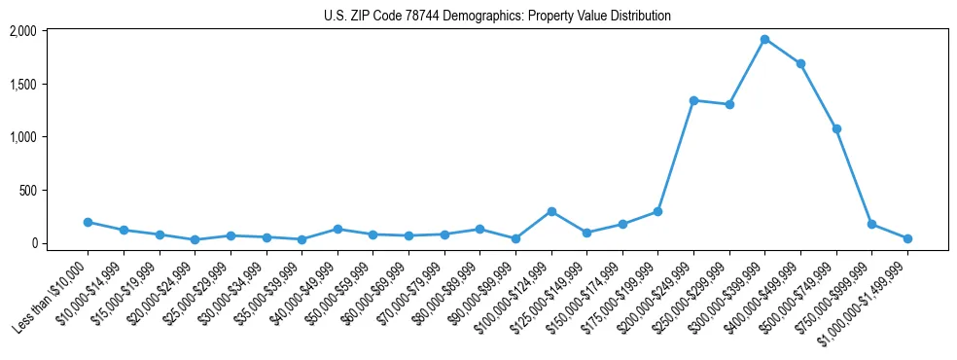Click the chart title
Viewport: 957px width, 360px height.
click(497, 17)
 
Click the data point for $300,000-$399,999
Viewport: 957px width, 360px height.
click(764, 40)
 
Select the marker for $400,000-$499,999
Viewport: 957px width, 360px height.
click(800, 64)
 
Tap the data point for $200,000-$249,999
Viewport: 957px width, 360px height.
click(693, 100)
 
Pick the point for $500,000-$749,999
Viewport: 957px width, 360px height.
click(836, 128)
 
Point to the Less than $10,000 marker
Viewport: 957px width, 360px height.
click(88, 222)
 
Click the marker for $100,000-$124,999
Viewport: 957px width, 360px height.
click(551, 211)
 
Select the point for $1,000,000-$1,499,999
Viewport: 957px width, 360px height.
click(907, 238)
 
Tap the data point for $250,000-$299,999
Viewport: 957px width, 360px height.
click(729, 104)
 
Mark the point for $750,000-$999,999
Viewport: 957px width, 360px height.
click(871, 224)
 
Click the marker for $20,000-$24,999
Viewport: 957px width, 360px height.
click(195, 239)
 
